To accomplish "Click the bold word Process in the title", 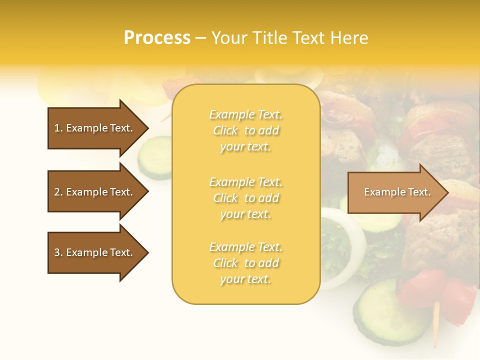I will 157,38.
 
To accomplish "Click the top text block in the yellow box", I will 245,130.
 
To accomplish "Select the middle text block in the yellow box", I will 245,197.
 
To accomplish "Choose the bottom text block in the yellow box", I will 245,263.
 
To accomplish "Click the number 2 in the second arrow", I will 57,192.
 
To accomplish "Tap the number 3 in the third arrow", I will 57,252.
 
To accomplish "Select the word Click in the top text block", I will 225,130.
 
